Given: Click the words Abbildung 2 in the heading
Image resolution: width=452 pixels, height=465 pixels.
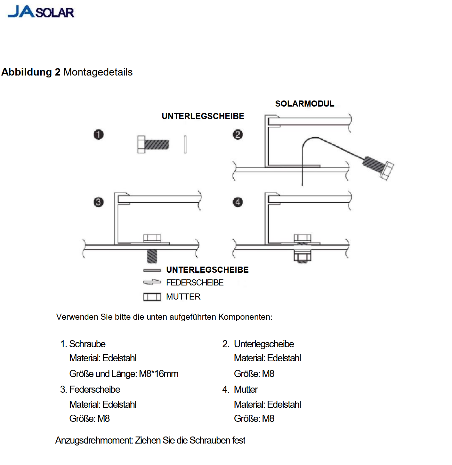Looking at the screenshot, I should [x=31, y=72].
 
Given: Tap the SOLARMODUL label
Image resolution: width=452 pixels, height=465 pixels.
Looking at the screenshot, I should [x=304, y=104].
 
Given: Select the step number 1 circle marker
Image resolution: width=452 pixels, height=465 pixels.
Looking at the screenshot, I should [x=99, y=134].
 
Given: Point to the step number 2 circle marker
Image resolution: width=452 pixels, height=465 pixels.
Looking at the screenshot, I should [x=238, y=134].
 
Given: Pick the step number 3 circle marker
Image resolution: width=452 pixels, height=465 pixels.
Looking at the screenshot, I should [x=99, y=202].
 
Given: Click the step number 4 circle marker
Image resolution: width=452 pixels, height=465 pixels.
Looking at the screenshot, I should [x=238, y=202].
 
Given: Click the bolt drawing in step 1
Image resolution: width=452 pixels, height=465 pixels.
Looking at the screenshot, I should [x=153, y=144].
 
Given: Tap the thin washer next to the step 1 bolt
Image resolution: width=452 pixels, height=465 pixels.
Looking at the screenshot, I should [x=185, y=144].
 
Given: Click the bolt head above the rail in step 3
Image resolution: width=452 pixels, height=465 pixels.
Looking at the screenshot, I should [x=152, y=238].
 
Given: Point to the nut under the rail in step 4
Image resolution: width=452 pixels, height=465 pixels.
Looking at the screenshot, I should [x=303, y=257].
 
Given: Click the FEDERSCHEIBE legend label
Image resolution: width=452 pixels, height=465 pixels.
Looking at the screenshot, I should [x=195, y=283].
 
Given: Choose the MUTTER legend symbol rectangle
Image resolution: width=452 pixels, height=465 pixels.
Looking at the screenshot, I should [x=152, y=297].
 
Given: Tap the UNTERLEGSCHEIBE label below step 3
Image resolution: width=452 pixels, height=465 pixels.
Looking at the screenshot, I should [x=207, y=270].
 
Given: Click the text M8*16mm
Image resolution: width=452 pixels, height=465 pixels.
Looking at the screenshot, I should [x=159, y=374].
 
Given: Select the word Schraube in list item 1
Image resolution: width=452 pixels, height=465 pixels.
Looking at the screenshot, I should [x=87, y=344].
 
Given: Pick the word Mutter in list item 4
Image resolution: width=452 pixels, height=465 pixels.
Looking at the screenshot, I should [x=246, y=389].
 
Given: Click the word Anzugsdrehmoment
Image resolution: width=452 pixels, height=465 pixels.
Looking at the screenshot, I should [x=94, y=440].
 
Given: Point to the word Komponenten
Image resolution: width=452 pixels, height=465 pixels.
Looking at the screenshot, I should [x=245, y=317].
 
